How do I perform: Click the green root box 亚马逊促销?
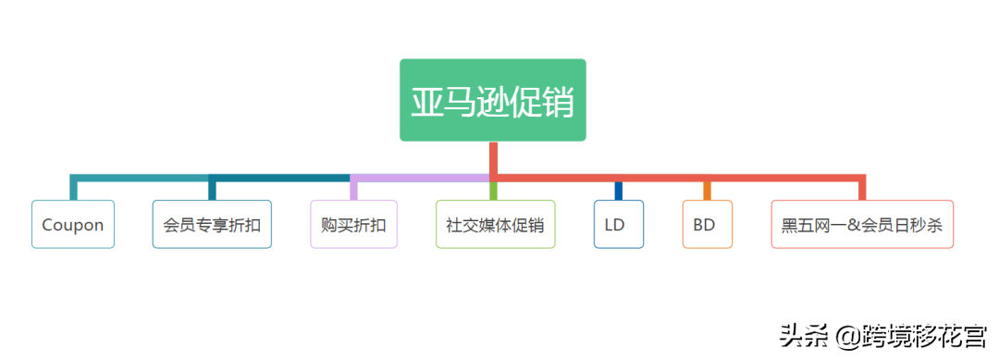click(492, 100)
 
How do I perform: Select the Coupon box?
click(73, 225)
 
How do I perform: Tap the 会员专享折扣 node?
click(212, 225)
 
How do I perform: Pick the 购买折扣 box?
click(353, 225)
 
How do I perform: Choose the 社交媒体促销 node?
click(495, 225)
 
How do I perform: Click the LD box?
click(618, 225)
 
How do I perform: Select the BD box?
click(707, 225)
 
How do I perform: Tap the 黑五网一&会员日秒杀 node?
click(861, 225)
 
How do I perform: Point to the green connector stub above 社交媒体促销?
click(493, 191)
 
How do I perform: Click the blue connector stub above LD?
click(619, 191)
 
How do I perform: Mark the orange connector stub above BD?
click(707, 191)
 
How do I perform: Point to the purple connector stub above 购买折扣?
click(353, 189)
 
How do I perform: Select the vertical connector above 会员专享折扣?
click(212, 189)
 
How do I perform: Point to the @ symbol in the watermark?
click(846, 336)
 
